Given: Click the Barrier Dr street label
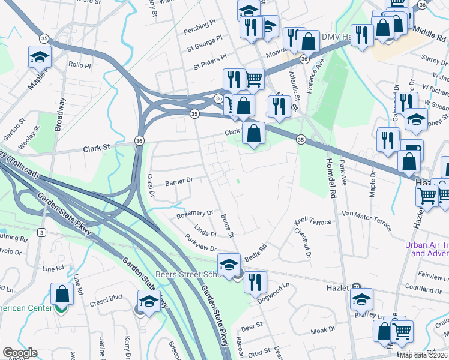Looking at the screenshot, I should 178,180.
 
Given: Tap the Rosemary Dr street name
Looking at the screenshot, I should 194,213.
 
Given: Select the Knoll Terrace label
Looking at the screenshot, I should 312,223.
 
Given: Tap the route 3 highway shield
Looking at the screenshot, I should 41,232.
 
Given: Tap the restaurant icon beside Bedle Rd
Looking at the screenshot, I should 255,281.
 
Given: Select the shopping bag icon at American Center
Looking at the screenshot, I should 62,293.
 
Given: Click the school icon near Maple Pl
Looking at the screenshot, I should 40,56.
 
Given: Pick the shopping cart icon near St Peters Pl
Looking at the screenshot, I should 254,78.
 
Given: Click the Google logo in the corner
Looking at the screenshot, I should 20,353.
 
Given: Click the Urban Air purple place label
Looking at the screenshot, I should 427,249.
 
